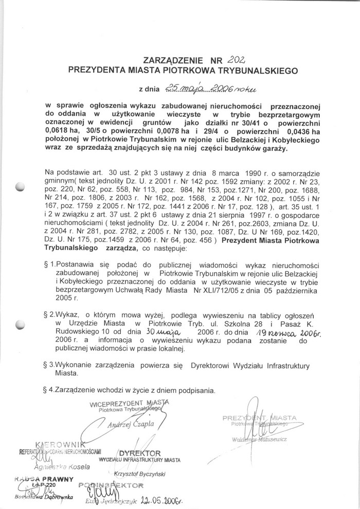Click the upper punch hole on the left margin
[21, 187]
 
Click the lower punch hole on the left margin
[21, 324]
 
